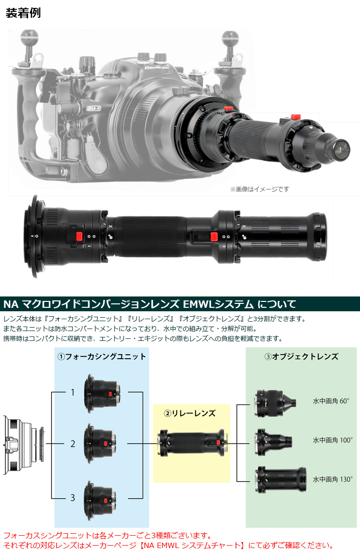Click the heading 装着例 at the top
pos(23,13)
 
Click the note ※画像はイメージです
pos(259,189)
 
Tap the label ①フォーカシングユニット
pos(102,356)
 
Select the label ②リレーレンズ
pos(191,413)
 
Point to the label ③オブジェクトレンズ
pos(301,356)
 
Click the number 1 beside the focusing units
pos(72,393)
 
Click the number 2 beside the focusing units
pos(72,443)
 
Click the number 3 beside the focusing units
pos(72,497)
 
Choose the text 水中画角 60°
pos(331,401)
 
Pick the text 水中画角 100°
pos(332,440)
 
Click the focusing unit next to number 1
pos(102,393)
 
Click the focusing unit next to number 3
pos(102,498)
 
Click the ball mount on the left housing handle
pos(28,37)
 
